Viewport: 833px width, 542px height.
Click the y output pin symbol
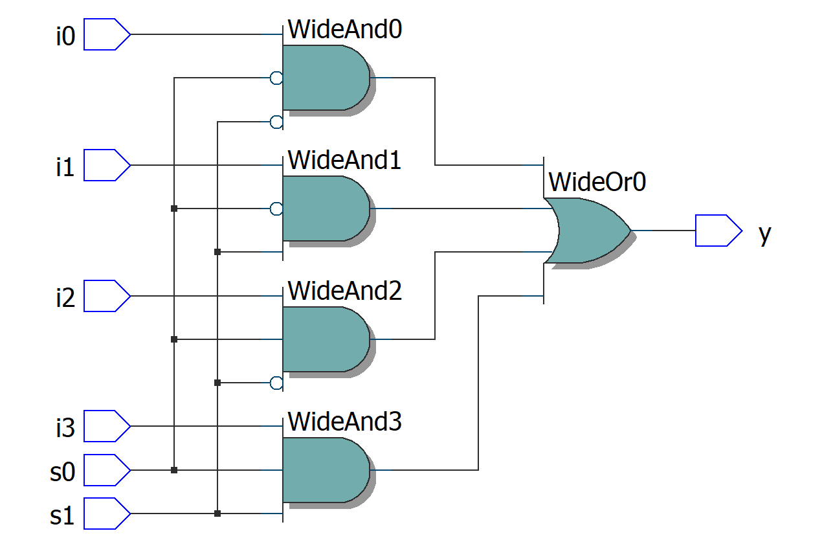718,231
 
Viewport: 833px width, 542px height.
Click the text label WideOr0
597,182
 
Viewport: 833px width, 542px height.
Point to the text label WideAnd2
344,291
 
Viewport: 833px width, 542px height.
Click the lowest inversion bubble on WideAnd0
276,122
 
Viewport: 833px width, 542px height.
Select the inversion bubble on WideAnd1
276,209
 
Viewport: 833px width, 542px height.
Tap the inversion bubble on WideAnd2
276,383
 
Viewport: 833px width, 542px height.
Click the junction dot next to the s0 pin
174,470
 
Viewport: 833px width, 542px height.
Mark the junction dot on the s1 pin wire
217,514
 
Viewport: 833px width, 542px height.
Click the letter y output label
764,232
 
